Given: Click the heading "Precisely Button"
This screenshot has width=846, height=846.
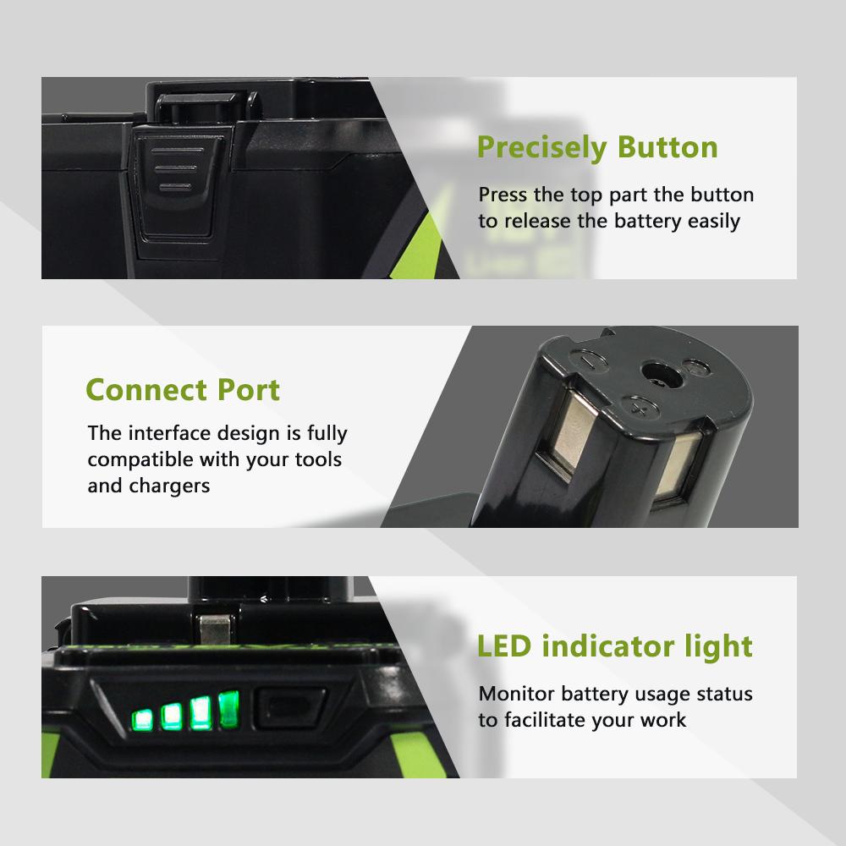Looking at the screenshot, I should [597, 147].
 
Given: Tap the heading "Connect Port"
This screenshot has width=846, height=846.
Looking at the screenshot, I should [183, 390].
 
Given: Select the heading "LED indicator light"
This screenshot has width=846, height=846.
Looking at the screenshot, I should [615, 646].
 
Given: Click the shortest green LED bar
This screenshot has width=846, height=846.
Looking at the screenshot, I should [141, 721].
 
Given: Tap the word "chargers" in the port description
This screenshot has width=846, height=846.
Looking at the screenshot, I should [169, 486].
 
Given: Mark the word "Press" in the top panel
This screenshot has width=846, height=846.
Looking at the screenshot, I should [503, 195].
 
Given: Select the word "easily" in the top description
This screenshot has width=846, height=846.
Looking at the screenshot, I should [711, 222].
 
